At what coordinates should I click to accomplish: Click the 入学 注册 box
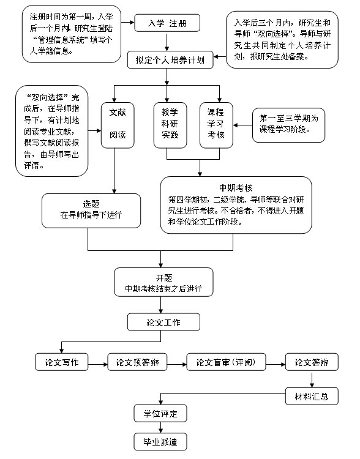click(x=167, y=23)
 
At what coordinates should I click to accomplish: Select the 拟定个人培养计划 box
click(x=170, y=60)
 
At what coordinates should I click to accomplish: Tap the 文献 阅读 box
click(x=118, y=125)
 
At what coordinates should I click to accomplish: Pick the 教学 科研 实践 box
click(x=170, y=125)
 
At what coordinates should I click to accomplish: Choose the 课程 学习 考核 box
click(x=216, y=125)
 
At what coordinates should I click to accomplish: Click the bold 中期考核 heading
click(x=236, y=188)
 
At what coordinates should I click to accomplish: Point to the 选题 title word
click(x=91, y=204)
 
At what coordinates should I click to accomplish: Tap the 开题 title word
click(x=163, y=277)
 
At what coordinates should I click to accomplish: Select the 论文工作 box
click(x=163, y=322)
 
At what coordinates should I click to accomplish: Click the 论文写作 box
click(x=61, y=362)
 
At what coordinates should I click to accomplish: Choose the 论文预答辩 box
click(x=137, y=362)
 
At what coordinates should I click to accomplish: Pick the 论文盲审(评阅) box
click(x=226, y=362)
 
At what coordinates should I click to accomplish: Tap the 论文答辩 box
click(x=312, y=362)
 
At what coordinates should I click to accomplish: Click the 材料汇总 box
click(x=312, y=397)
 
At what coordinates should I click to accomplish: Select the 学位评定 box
click(x=160, y=413)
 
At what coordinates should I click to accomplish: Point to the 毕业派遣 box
click(x=160, y=442)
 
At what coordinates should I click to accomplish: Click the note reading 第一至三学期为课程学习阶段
click(x=288, y=125)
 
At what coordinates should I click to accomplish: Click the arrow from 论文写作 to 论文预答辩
click(x=98, y=364)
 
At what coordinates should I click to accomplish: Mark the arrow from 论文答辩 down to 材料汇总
click(x=312, y=379)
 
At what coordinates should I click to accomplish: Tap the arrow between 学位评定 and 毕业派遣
click(x=160, y=428)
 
